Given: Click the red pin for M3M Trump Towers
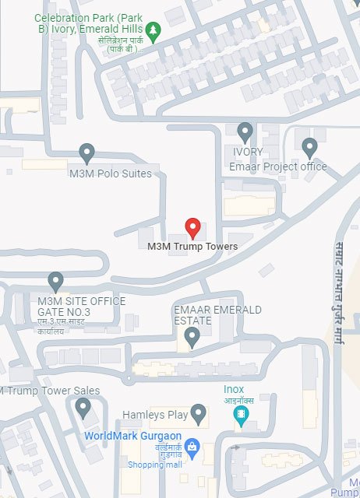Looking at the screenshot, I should click(x=193, y=229).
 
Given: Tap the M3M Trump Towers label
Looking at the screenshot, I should click(x=192, y=247).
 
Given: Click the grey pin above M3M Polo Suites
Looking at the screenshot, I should click(x=86, y=152).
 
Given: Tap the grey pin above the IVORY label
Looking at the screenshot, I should click(x=245, y=132).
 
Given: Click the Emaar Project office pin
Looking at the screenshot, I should click(x=309, y=146).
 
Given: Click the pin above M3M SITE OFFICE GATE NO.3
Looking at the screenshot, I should click(x=55, y=281).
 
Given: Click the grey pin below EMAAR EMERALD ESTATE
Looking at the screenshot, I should click(x=192, y=337).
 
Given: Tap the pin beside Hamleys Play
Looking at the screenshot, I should click(x=198, y=413).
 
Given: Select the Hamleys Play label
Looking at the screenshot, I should click(x=155, y=415).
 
